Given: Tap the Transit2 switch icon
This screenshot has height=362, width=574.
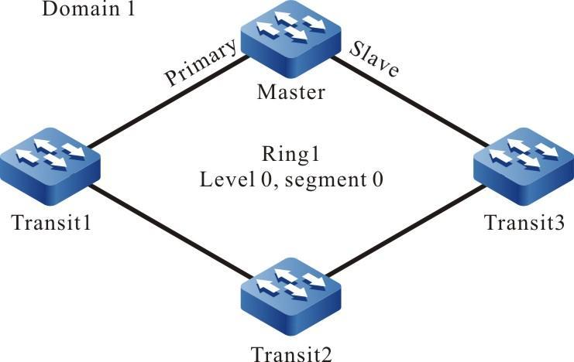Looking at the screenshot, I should pyautogui.click(x=291, y=297).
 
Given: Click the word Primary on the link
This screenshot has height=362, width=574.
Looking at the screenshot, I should pyautogui.click(x=199, y=63).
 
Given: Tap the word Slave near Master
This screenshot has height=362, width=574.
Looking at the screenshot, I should pyautogui.click(x=374, y=59).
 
